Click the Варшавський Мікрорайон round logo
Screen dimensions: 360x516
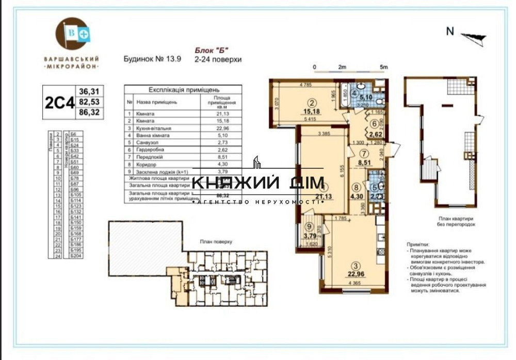pos(71,35)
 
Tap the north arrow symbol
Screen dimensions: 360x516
pos(473,36)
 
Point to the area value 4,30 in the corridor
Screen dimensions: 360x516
pos(356,196)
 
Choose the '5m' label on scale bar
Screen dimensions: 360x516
pos(383,68)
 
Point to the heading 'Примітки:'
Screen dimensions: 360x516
pos(416,247)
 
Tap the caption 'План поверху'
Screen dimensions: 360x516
pos(216,241)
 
